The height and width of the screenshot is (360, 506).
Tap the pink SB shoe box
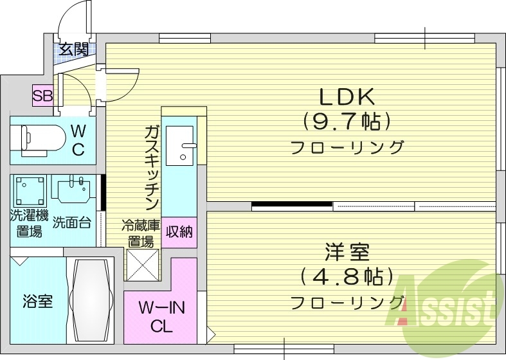click(43, 96)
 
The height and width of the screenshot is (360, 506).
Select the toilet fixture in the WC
click(42, 137)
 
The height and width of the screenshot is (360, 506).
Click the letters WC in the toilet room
click(78, 140)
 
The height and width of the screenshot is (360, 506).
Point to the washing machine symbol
click(29, 190)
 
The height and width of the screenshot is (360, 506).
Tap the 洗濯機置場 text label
click(29, 223)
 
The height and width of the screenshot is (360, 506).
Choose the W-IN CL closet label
click(162, 317)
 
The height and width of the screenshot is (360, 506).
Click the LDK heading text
click(347, 96)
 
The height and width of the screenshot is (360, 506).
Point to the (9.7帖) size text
click(347, 120)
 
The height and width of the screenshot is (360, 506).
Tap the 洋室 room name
click(347, 251)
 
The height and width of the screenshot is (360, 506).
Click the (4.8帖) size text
click(347, 276)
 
